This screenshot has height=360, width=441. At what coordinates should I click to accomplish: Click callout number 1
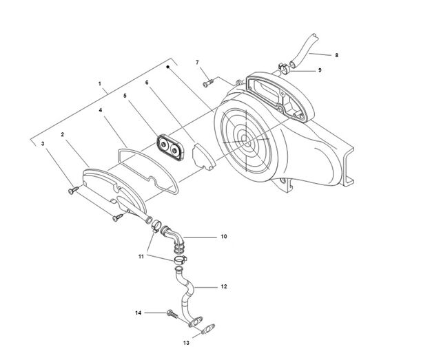(99, 83)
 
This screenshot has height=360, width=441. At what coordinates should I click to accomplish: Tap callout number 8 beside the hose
(337, 55)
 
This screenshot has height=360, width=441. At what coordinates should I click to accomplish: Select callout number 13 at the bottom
(187, 343)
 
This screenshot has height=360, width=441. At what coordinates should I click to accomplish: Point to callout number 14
(138, 313)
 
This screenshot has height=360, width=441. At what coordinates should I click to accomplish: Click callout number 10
(223, 237)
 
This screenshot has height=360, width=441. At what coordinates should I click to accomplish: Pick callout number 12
(224, 286)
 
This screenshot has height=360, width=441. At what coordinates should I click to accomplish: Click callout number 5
(125, 96)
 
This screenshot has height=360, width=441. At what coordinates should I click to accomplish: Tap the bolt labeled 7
(208, 83)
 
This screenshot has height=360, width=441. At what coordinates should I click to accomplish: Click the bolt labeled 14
(172, 314)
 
